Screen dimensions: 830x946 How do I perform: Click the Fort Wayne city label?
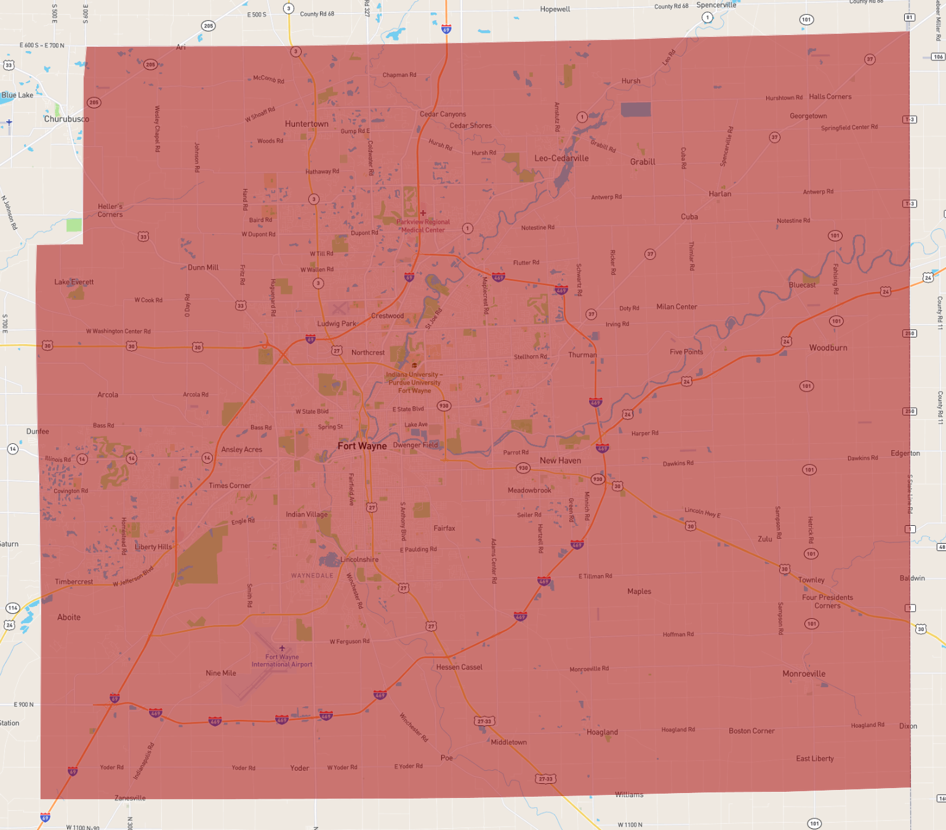362,446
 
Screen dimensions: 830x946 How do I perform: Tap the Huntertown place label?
307,124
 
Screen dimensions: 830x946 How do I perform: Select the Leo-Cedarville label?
561,158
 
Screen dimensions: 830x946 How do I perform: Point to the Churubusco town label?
66,119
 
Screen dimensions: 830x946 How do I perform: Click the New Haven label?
560,461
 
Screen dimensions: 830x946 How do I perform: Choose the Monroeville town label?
804,674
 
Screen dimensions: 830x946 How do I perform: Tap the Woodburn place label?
828,348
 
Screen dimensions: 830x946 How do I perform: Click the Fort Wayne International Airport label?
282,661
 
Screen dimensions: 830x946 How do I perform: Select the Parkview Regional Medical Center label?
423,226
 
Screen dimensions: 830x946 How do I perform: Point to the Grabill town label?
643,162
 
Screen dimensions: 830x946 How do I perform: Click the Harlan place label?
720,194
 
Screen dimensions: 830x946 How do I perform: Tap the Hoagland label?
602,732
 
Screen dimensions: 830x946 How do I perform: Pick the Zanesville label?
130,798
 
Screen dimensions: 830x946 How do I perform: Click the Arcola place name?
108,395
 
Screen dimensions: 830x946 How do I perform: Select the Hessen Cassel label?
459,667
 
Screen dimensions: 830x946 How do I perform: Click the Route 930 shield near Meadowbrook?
523,468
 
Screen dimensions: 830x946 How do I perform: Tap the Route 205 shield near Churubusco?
94,103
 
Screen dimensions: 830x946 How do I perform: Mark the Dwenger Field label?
415,445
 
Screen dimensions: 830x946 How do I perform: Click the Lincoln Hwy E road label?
702,512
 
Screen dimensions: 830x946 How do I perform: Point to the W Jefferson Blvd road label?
133,576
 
